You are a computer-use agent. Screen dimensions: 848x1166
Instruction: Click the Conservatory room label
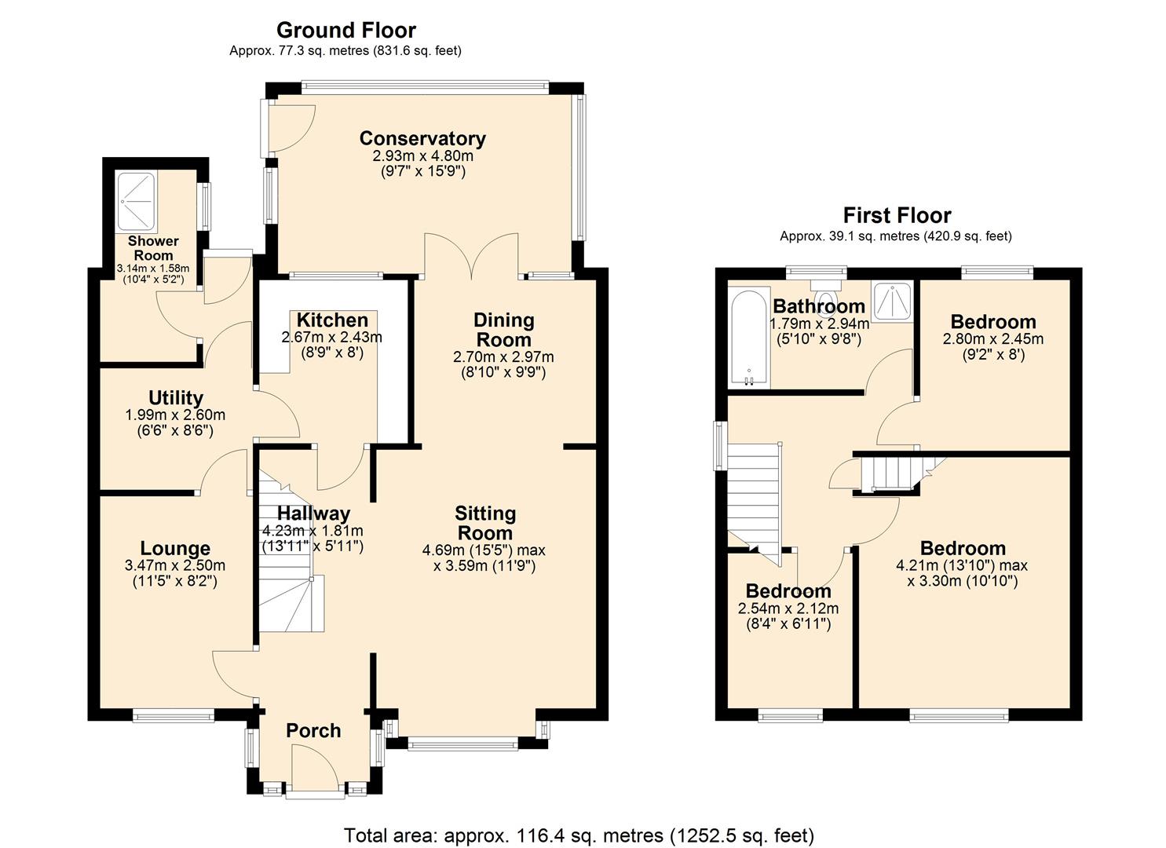click(422, 139)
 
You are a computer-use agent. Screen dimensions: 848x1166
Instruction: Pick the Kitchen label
click(332, 320)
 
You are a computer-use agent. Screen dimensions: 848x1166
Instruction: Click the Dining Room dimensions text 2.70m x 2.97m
click(503, 357)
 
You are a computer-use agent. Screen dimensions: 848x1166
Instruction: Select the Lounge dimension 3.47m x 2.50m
click(175, 565)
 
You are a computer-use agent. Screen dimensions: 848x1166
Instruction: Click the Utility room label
click(175, 398)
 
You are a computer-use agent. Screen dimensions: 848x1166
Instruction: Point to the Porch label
click(313, 731)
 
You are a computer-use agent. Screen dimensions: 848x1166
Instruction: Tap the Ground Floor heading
click(345, 31)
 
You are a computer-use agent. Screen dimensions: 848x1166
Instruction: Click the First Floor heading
click(897, 215)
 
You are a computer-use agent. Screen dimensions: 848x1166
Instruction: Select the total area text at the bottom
click(579, 835)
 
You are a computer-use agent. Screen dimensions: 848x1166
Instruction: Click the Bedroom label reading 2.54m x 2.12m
click(788, 591)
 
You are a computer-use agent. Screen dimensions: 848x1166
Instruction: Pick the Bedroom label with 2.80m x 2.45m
click(992, 322)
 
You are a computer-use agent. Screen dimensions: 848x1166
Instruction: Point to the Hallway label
click(313, 514)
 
